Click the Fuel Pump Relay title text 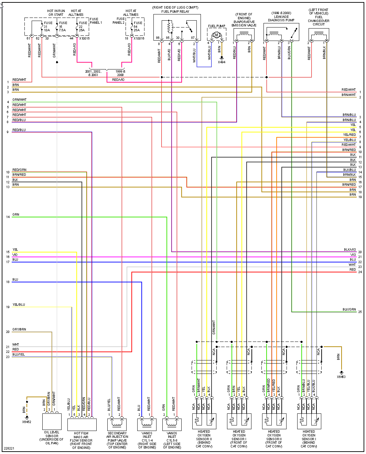tap(175, 11)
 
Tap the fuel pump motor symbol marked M tap(216, 35)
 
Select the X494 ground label tap(222, 62)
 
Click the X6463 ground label tap(341, 377)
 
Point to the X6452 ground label tap(26, 422)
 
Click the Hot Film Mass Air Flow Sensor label tap(81, 440)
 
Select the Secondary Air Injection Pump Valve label tap(117, 440)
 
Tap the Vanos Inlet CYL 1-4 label tap(147, 440)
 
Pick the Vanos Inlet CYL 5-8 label tap(172, 440)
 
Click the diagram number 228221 tap(9, 448)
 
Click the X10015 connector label tap(84, 39)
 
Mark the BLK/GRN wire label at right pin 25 tap(349, 310)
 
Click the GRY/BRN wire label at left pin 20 tap(19, 329)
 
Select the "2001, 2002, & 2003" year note tap(93, 73)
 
